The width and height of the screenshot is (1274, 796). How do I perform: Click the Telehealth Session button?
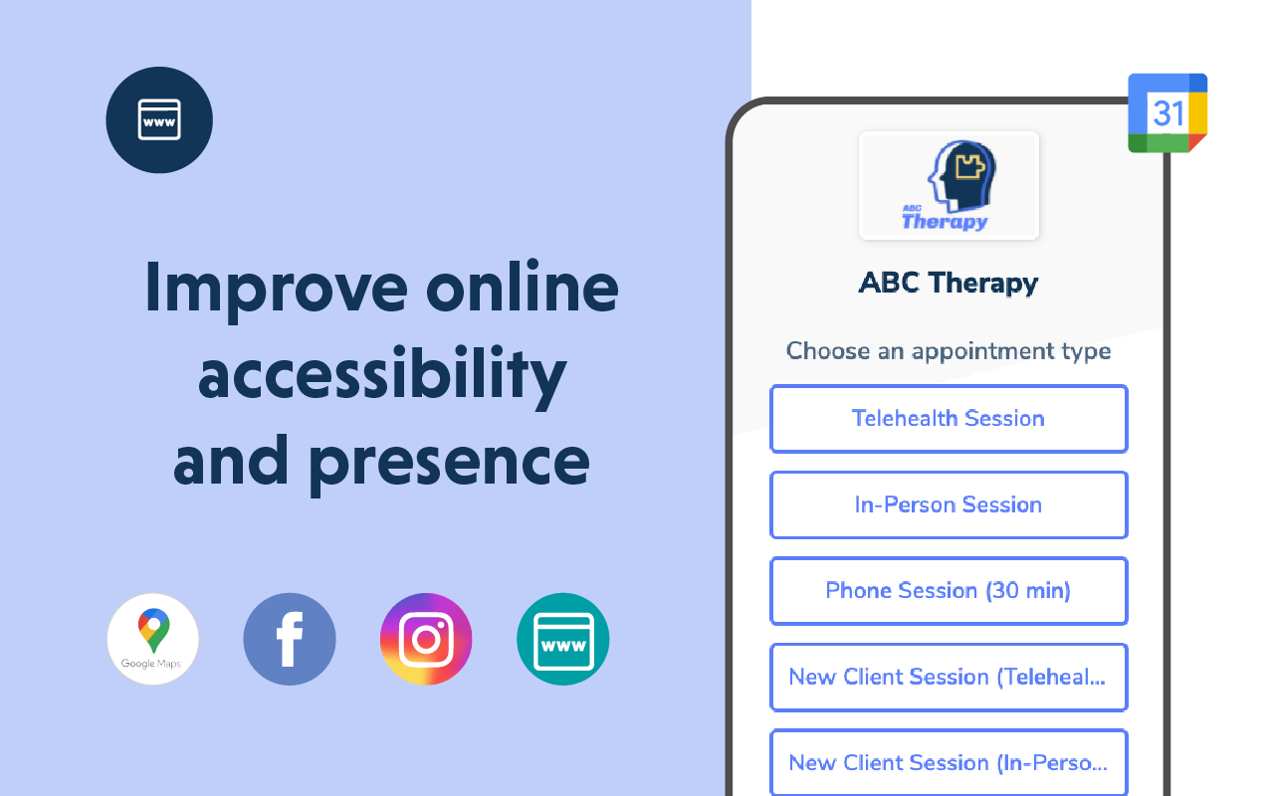coord(949,419)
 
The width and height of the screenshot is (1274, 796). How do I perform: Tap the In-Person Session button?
coord(949,504)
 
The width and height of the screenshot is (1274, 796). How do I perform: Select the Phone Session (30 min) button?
coord(949,591)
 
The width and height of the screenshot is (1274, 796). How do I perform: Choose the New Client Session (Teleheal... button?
coord(949,678)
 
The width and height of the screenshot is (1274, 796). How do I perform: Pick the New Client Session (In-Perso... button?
coord(949,762)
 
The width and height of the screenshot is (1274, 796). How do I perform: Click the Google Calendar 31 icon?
coord(1168,112)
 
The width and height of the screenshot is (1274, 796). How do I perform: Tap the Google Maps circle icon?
coord(153,639)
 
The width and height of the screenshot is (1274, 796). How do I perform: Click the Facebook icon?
coord(290,639)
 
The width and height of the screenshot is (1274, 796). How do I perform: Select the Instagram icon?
coord(426,639)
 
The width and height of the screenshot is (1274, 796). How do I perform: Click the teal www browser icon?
coord(563,639)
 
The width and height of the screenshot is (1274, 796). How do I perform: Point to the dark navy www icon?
coord(159,120)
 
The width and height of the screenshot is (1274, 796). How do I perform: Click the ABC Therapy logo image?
coord(949,185)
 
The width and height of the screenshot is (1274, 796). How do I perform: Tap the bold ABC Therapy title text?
coord(949,283)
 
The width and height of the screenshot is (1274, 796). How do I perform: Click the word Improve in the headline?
coord(277,290)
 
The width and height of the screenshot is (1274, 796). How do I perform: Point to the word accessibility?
coord(382,375)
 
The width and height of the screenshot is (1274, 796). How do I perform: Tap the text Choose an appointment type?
coord(949,352)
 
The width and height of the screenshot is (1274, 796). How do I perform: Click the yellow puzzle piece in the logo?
coord(970,166)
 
